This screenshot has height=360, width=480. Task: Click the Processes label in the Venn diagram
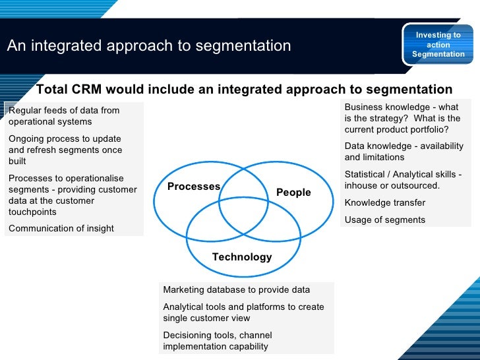coord(193,187)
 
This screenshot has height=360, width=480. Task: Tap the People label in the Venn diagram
coord(293,193)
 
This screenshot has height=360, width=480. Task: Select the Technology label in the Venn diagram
coord(242,257)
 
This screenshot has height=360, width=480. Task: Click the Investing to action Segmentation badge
coord(438,45)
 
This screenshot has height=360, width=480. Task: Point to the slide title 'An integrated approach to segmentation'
coord(149,46)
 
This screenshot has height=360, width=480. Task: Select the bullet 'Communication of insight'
coord(61,228)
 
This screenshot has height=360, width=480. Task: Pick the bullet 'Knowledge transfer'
coord(385,203)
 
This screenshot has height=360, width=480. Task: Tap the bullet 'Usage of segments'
coord(385,220)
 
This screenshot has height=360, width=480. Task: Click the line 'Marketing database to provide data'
coord(236,290)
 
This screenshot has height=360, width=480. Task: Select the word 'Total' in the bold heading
coord(53,90)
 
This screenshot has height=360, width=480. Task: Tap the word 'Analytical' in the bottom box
coord(184,307)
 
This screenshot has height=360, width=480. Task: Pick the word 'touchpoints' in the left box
coord(32,212)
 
